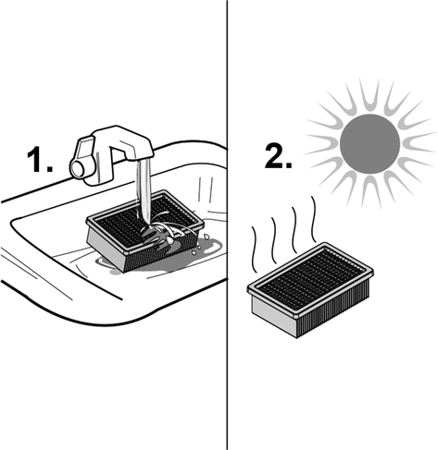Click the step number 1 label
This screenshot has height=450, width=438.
(x=40, y=159)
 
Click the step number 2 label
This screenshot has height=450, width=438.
(x=278, y=156)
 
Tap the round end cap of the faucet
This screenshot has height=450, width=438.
(x=78, y=169)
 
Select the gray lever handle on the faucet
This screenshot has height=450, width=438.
(x=85, y=151)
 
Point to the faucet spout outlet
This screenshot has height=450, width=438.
(x=144, y=159)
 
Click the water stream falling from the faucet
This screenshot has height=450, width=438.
(x=144, y=191)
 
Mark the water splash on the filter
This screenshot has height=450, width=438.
(x=160, y=233)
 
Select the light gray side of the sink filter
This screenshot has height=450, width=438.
(x=105, y=249)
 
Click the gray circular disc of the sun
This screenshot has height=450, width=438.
(x=369, y=144)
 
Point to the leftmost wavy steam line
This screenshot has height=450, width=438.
(x=255, y=249)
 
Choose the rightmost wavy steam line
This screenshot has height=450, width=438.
(x=314, y=219)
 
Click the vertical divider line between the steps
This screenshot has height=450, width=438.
(x=228, y=225)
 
